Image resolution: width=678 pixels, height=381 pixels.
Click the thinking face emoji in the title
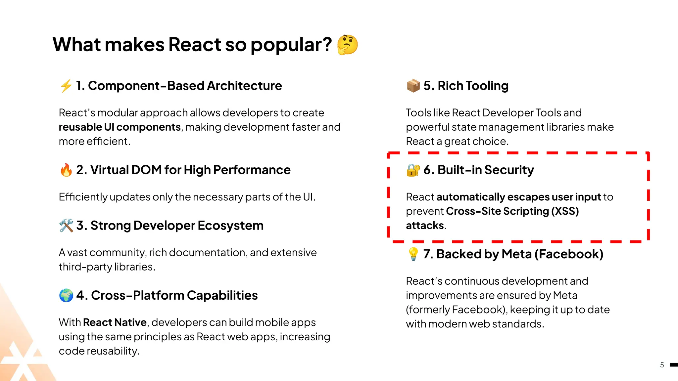tap(347, 45)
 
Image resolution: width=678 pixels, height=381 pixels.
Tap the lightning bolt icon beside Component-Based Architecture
tap(66, 86)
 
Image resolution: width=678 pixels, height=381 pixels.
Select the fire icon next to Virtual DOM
tap(66, 170)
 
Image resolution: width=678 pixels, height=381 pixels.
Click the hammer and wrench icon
tap(66, 226)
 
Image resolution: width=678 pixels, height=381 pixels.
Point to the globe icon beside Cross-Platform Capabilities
tap(66, 295)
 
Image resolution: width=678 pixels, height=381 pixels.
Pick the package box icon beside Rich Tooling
tap(413, 86)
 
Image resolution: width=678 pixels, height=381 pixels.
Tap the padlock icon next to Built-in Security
tap(413, 170)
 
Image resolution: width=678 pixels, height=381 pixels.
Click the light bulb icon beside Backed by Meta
tap(413, 254)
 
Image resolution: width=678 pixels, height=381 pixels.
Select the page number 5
tap(662, 365)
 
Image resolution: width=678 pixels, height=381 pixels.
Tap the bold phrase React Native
tap(115, 322)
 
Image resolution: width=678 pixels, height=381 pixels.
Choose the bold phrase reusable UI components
tap(120, 127)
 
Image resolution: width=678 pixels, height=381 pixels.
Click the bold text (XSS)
tap(565, 211)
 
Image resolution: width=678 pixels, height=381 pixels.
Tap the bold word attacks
tap(425, 226)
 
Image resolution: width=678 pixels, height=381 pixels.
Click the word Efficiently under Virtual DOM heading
tap(83, 197)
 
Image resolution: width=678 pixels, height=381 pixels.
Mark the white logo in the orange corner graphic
tap(23, 362)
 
